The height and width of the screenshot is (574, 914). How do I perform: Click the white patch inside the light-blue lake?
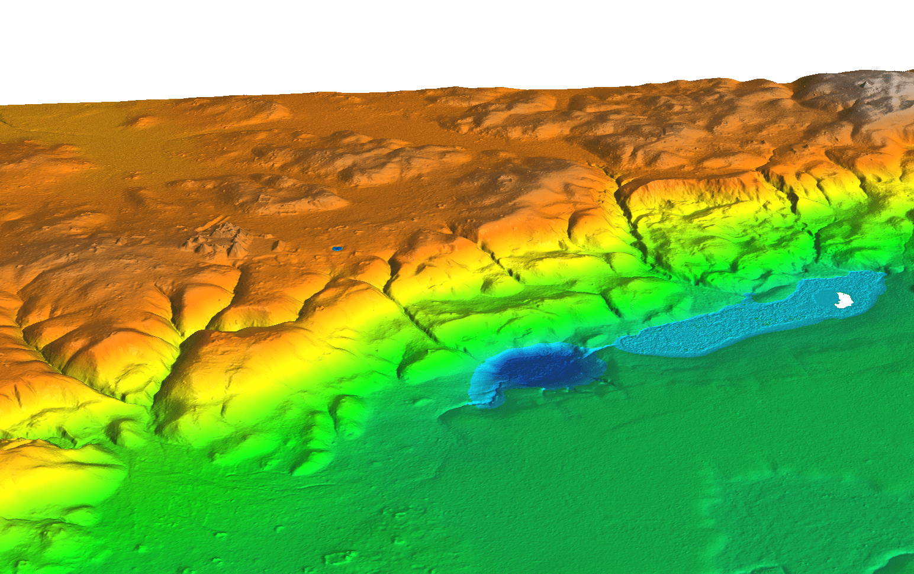coord(843,300)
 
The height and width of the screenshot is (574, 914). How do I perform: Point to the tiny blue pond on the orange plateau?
coord(337,249)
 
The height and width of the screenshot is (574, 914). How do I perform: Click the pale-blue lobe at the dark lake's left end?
coord(482,388)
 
